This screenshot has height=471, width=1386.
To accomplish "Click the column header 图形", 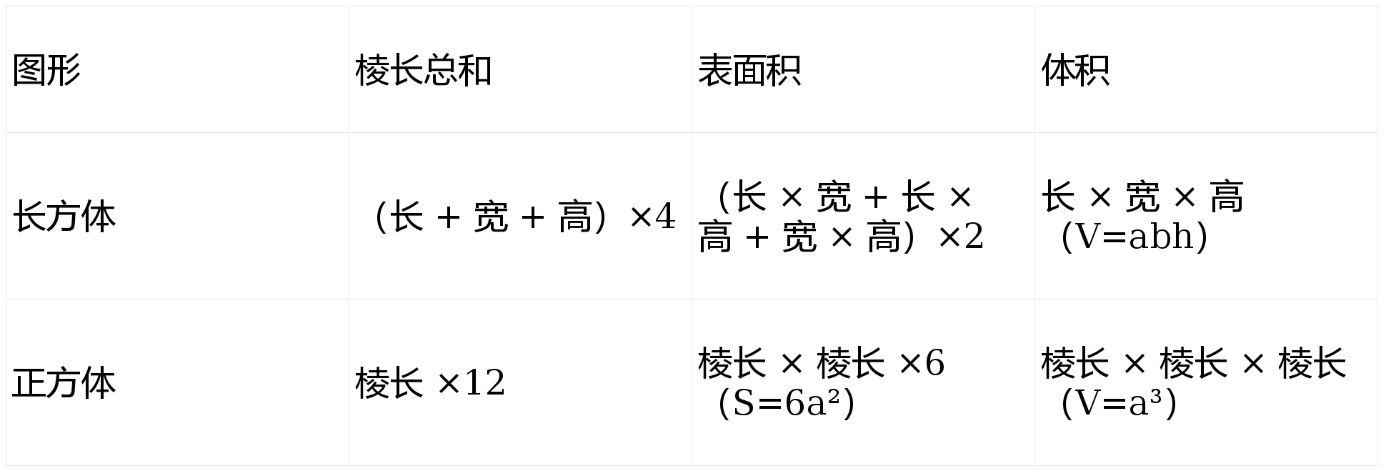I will click(46, 71).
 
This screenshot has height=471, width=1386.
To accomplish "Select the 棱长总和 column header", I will click(423, 71).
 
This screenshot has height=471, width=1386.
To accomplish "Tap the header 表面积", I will click(749, 71).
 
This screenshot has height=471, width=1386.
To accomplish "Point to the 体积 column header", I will click(1075, 71).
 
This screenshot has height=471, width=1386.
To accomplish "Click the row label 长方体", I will click(64, 217).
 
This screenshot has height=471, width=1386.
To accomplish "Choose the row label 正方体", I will click(64, 383).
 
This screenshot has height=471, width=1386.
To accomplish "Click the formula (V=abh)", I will click(1135, 237).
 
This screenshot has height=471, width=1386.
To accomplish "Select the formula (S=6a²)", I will click(786, 404).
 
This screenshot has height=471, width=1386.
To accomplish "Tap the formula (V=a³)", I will click(1119, 404).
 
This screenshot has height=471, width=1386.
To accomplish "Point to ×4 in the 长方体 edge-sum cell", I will click(652, 217).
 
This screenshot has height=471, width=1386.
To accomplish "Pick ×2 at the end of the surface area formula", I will click(960, 237).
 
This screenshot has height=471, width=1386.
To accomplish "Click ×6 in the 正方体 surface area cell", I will click(921, 363).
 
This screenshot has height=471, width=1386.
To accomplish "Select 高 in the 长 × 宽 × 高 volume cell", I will click(1227, 197).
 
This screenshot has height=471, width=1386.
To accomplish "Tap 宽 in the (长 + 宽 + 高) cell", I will click(491, 217).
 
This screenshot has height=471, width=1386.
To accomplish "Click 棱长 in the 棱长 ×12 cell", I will click(389, 383).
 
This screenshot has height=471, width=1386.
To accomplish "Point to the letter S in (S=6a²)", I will click(744, 404).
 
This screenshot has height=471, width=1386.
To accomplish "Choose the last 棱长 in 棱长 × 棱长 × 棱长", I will click(1312, 363).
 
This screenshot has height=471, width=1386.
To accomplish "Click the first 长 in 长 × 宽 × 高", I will click(1058, 197).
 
